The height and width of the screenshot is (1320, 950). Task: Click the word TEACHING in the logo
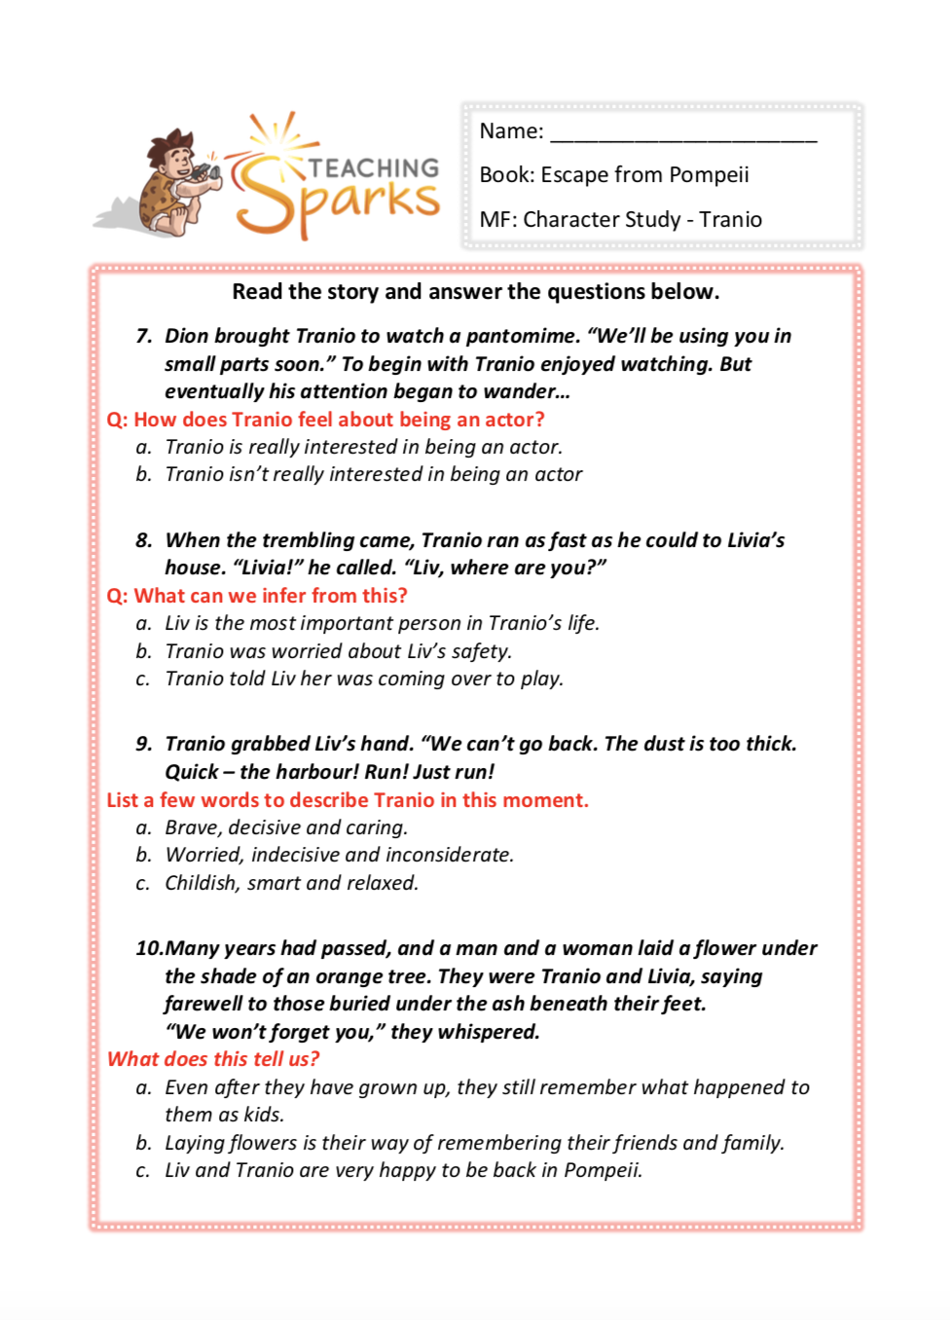pyautogui.click(x=374, y=168)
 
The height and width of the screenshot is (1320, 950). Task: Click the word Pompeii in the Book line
pyautogui.click(x=710, y=175)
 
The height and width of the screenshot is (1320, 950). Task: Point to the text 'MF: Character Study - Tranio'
pyautogui.click(x=620, y=220)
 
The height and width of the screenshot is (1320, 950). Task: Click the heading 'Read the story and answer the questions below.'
pyautogui.click(x=475, y=292)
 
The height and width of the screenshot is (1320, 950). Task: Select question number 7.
pyautogui.click(x=144, y=337)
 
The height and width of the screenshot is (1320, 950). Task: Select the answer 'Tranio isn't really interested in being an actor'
pyautogui.click(x=373, y=475)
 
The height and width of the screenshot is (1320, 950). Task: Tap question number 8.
pyautogui.click(x=144, y=541)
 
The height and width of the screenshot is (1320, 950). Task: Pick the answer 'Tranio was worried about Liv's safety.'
pyautogui.click(x=338, y=651)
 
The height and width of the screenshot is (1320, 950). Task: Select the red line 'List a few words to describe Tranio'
pyautogui.click(x=347, y=800)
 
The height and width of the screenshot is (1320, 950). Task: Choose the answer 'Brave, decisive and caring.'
pyautogui.click(x=286, y=828)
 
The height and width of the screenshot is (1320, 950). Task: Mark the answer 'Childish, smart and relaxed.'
pyautogui.click(x=291, y=884)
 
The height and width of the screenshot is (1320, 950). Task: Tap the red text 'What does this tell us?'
pyautogui.click(x=212, y=1059)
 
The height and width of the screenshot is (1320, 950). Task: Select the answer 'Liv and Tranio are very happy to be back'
pyautogui.click(x=403, y=1170)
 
